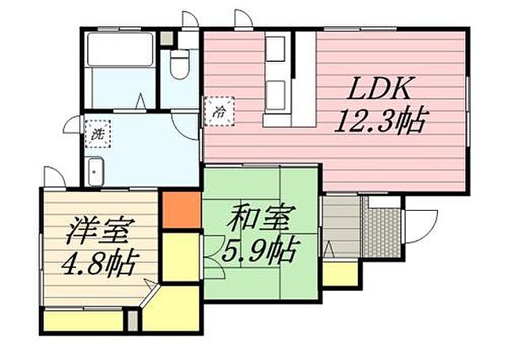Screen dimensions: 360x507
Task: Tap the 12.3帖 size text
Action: coord(381,122)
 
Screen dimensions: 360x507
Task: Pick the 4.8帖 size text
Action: coord(97,261)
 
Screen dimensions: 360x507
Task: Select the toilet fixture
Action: coord(178,63)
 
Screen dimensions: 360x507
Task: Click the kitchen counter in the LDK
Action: coord(304,79)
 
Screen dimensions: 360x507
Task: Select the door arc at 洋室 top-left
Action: coord(52,177)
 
